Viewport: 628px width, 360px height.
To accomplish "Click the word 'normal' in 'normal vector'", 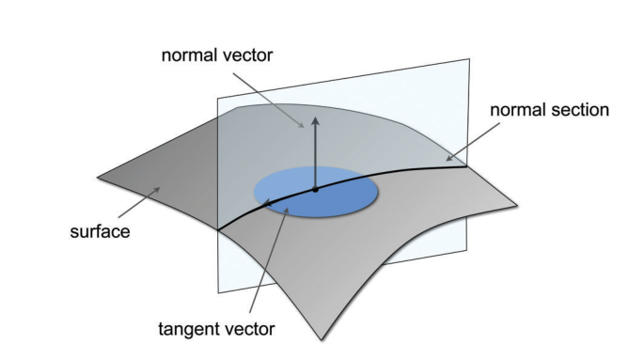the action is click(189, 55).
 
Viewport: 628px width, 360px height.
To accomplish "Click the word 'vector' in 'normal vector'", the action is click(246, 55).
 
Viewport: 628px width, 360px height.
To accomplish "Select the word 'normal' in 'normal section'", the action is click(516, 110).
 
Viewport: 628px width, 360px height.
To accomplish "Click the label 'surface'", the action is click(101, 232).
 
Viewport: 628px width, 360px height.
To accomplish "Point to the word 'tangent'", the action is click(188, 329).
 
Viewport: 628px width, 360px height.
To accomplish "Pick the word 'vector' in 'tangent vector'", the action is click(248, 329).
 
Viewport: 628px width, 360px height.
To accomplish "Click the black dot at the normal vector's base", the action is click(315, 190).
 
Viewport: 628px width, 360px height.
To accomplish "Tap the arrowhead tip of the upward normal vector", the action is click(316, 117).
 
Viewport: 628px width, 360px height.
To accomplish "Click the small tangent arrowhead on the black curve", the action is click(266, 202).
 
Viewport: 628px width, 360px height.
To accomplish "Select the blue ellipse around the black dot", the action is click(316, 192).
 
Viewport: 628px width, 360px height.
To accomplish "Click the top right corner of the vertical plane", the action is click(469, 59).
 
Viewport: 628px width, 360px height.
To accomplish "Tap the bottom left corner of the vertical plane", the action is click(218, 293).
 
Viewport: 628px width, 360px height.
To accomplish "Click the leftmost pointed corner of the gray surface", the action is click(98, 177).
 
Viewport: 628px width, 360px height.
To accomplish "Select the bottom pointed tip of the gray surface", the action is click(322, 340).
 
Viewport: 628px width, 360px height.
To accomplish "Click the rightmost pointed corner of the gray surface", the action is click(517, 206).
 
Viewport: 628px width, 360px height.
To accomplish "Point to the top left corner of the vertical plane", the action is click(217, 98).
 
